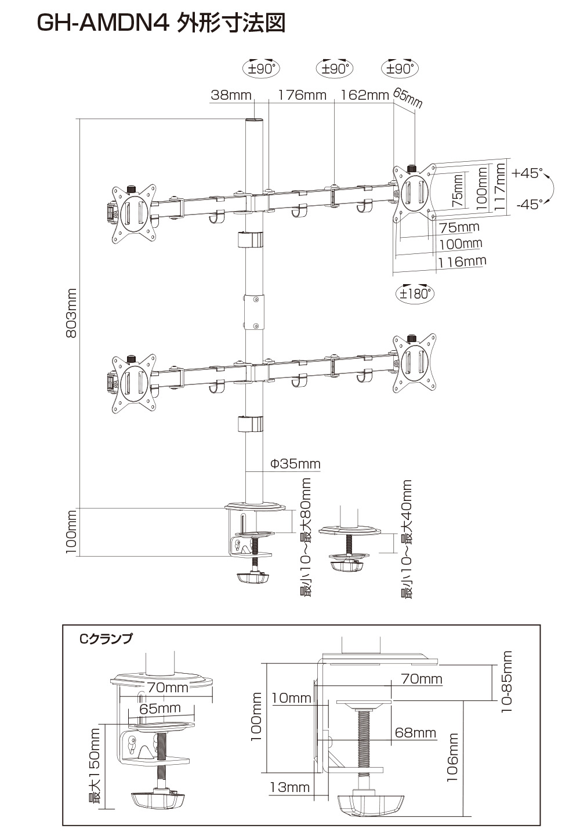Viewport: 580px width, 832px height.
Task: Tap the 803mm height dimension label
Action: tap(71, 313)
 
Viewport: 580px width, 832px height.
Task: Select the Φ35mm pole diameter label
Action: tap(295, 464)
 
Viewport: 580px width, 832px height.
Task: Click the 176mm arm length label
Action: tap(302, 95)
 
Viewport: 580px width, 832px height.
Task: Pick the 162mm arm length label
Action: tap(364, 95)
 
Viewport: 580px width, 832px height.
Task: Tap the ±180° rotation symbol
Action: tap(415, 293)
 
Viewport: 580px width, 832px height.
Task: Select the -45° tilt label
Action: tap(528, 204)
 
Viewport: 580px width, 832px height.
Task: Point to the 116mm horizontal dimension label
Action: tap(462, 261)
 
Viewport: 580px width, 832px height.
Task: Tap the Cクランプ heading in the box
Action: tap(106, 639)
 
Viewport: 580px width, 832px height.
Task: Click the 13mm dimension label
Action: tap(289, 787)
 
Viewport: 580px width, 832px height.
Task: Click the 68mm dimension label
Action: tap(415, 733)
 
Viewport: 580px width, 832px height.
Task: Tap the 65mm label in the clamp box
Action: tap(160, 709)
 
